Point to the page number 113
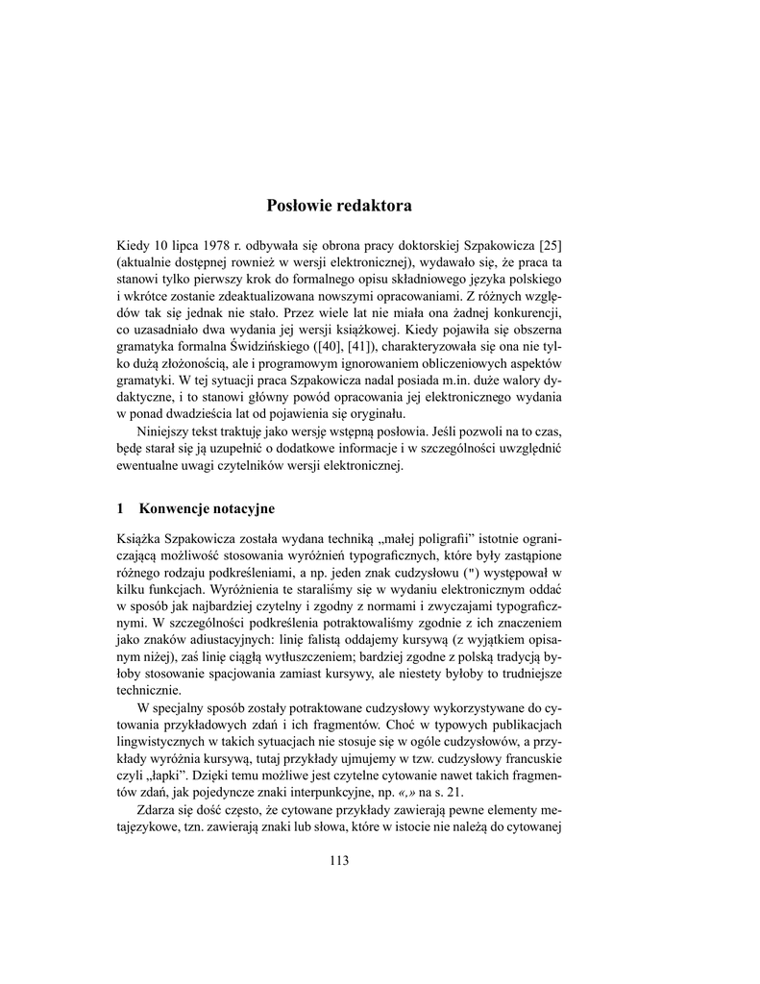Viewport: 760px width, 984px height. pyautogui.click(x=338, y=860)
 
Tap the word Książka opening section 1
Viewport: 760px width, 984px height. pyautogui.click(x=140, y=539)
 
